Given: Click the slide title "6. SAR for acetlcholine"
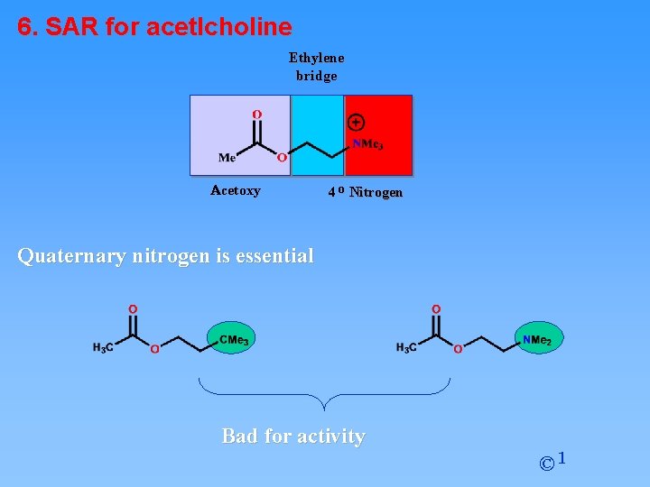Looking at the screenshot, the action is [x=154, y=27].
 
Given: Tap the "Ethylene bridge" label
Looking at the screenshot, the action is [x=316, y=67].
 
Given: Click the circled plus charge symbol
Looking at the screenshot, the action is [x=356, y=122].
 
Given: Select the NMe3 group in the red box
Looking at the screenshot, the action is [x=367, y=144].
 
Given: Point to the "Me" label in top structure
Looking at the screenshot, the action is [x=227, y=158].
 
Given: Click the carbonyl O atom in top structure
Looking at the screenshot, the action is [x=257, y=115].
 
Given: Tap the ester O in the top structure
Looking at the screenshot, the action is [x=282, y=157].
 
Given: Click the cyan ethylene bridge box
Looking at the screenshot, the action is [x=317, y=135].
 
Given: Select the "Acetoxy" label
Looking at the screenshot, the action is [x=236, y=190].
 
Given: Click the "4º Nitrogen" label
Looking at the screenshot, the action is [x=365, y=192].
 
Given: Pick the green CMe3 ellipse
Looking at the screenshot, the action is [x=232, y=339].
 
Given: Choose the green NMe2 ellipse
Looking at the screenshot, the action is [x=539, y=339].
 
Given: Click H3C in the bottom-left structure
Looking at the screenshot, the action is [x=103, y=348].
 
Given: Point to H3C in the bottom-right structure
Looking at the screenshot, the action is [x=406, y=348].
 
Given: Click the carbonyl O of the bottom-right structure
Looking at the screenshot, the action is [x=437, y=309].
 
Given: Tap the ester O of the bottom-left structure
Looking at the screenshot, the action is [x=154, y=348].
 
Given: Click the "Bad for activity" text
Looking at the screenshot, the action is [x=293, y=436].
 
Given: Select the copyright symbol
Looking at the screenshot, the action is [x=547, y=464].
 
